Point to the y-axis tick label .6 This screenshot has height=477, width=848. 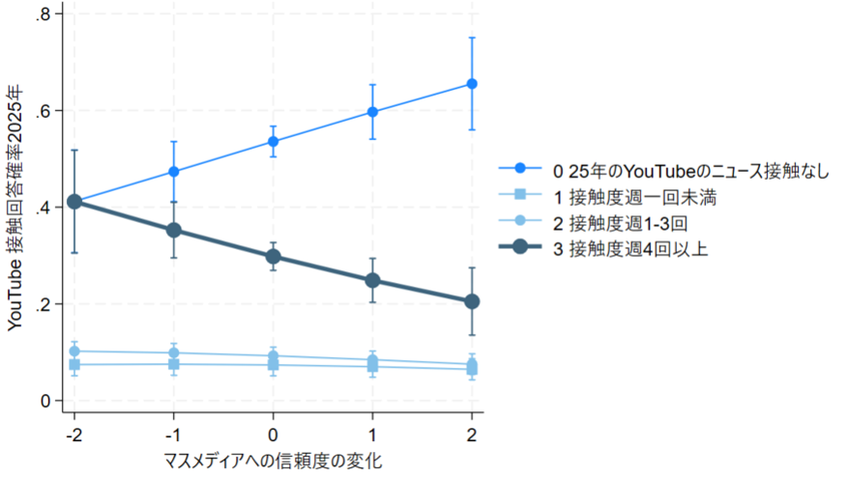pyautogui.click(x=43, y=111)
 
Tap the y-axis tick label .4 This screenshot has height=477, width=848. pyautogui.click(x=43, y=208)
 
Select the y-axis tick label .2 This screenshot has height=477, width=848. pyautogui.click(x=43, y=304)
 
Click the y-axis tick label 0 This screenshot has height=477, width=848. pyautogui.click(x=45, y=401)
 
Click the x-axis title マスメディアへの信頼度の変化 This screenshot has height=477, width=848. pyautogui.click(x=274, y=461)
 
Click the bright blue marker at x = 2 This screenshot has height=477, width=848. pyautogui.click(x=472, y=84)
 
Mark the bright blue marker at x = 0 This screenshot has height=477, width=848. pyautogui.click(x=273, y=142)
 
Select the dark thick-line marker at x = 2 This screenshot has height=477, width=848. pyautogui.click(x=472, y=301)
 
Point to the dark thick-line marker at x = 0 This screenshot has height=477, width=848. pyautogui.click(x=273, y=256)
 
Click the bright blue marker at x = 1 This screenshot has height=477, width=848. pyautogui.click(x=372, y=112)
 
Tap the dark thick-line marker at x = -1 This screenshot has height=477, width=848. pyautogui.click(x=173, y=230)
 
